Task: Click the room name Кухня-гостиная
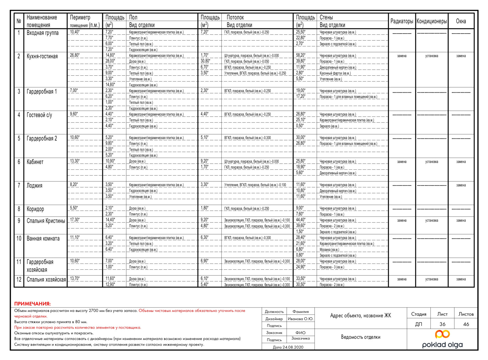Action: pos(42,56)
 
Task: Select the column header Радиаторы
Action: pos(402,21)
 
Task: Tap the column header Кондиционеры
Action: pos(432,21)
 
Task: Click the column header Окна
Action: pos(461,21)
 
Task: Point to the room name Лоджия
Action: pos(34,185)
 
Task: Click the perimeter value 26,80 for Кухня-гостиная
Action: pos(75,55)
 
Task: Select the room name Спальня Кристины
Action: pos(46,221)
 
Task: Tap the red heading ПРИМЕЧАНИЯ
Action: pos(32,304)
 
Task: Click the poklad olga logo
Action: pos(442,339)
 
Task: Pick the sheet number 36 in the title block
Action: pos(442,324)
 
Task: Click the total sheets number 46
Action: pos(466,324)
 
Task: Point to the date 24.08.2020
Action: pos(288,347)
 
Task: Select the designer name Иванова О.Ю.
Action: pos(300,319)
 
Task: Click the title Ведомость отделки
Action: pos(361,337)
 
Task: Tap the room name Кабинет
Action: pos(35,162)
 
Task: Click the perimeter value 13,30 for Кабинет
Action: pos(75,161)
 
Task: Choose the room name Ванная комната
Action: pos(43,239)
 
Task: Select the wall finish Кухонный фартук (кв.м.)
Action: pos(335,73)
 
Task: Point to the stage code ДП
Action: pos(418,324)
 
